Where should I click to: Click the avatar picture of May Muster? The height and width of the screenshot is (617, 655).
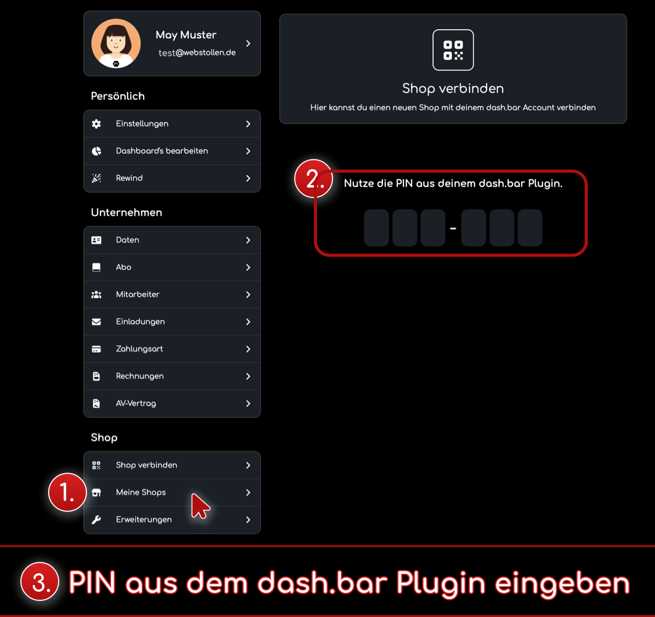click(116, 43)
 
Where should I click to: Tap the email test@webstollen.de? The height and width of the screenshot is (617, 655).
click(197, 52)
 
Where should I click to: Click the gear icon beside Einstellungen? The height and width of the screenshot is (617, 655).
click(96, 124)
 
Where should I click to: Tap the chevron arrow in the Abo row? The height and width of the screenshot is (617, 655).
click(248, 267)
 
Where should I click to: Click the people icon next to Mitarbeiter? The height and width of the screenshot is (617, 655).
click(96, 294)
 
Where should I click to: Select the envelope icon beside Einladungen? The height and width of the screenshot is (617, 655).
click(96, 321)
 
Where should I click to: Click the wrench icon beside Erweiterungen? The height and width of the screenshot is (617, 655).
click(96, 520)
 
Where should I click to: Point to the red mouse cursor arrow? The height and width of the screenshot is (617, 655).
click(199, 505)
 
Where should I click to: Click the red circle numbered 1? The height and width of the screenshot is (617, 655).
click(67, 492)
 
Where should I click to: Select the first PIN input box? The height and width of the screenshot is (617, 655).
click(376, 228)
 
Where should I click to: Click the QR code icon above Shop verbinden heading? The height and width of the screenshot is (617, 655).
click(453, 50)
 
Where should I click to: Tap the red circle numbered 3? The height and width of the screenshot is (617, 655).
click(39, 581)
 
